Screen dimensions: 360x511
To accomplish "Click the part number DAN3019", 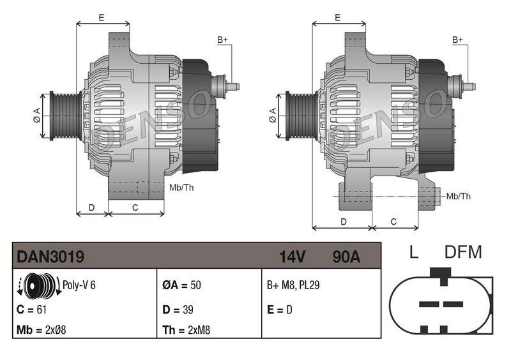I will (50, 257).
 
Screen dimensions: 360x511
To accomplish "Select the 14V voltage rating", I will (293, 257).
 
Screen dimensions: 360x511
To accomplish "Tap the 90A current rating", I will (346, 257).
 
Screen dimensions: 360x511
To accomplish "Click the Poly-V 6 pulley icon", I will (38, 285).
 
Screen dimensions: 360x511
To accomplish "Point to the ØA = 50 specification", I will (181, 285).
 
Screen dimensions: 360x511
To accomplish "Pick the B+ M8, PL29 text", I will (293, 285).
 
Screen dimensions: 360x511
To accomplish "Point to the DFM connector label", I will (463, 252).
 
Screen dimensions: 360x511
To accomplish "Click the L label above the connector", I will (414, 252).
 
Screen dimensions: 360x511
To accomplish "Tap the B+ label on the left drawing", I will (223, 40).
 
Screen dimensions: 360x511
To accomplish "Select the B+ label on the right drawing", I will (458, 40).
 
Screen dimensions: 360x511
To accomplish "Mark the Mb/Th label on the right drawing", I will (459, 196).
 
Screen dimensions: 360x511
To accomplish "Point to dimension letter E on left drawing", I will (102, 18).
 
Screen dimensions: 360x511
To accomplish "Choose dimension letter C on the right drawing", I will (393, 221).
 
